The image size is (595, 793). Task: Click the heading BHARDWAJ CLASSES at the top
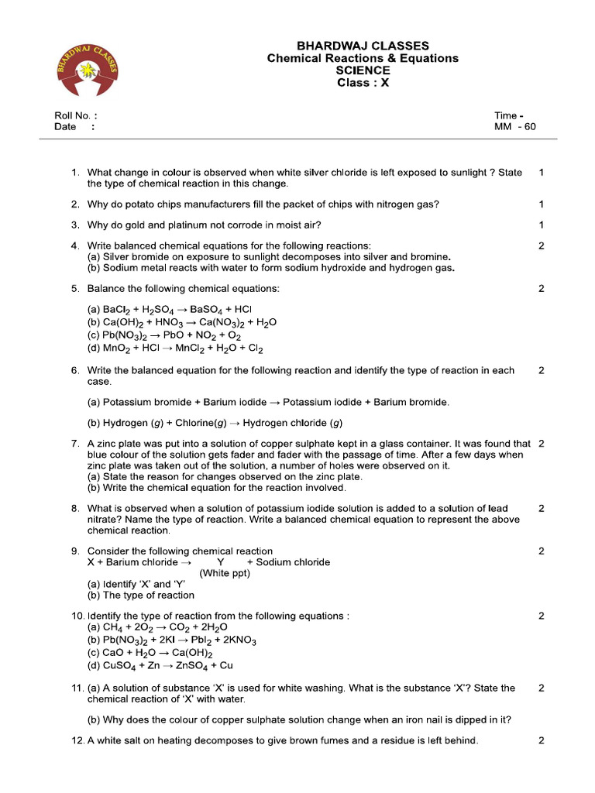363,46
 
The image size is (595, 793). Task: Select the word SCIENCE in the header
363,70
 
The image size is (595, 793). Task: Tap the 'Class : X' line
363,83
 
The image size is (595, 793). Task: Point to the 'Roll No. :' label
75,115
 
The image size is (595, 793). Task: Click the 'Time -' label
508,115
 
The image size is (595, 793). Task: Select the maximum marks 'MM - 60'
514,127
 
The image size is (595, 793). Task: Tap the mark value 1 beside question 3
541,225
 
